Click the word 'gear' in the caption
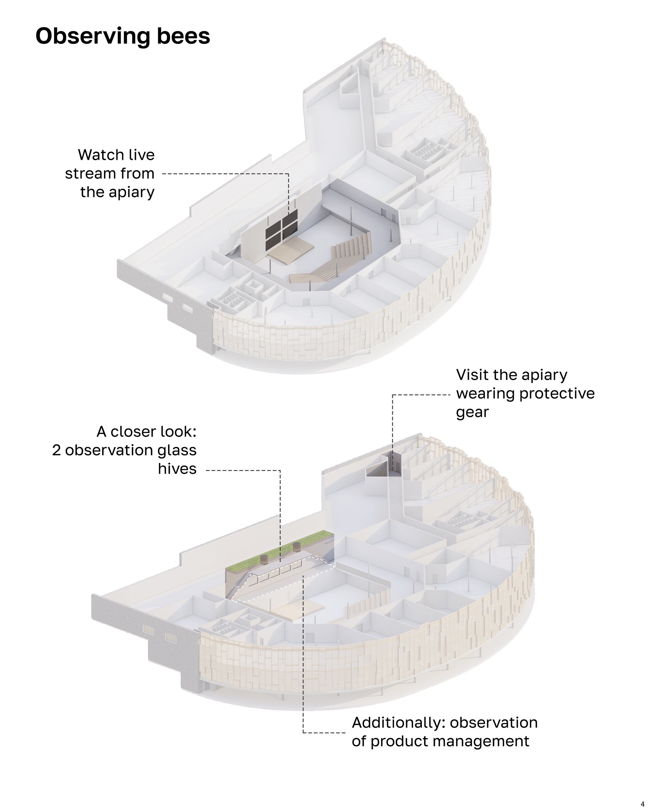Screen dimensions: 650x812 click(472, 413)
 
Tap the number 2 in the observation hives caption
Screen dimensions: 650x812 click(57, 450)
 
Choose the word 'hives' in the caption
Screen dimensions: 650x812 click(177, 469)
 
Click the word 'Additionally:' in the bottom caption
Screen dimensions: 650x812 click(399, 723)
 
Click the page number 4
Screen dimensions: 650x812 click(643, 805)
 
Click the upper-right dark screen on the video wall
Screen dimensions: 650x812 click(290, 219)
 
